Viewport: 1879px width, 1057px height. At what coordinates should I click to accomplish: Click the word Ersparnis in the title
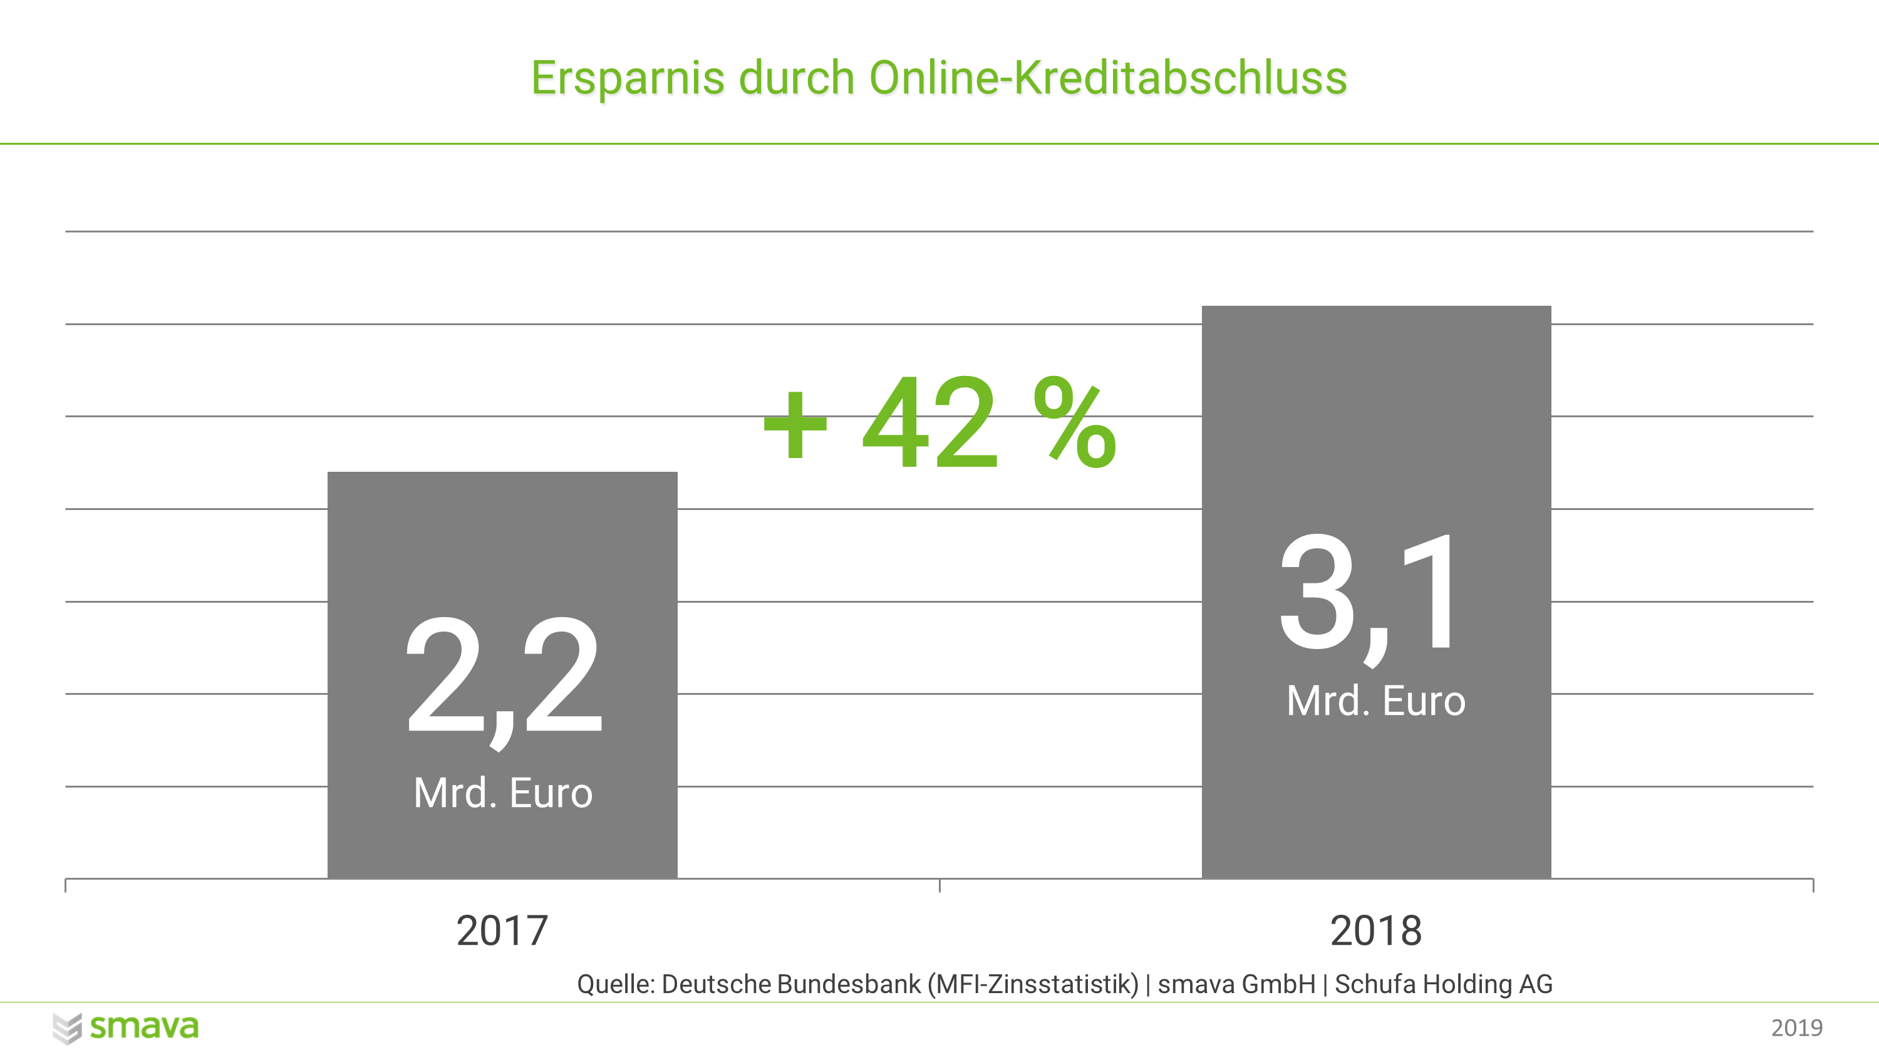click(628, 78)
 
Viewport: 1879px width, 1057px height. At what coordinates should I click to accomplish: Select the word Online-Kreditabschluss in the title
click(1107, 78)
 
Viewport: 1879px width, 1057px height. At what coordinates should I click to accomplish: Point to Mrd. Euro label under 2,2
click(504, 793)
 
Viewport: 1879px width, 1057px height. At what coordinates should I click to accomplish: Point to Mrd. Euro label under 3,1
click(1375, 701)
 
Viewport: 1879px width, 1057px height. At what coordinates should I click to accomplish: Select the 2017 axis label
click(502, 931)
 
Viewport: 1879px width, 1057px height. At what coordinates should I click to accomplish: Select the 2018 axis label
click(1375, 931)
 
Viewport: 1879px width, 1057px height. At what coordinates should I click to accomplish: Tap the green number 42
click(930, 423)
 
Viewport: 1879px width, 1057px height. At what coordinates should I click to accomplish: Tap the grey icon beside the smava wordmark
click(67, 1029)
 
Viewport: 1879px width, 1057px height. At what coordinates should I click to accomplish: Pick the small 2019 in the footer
click(1796, 1028)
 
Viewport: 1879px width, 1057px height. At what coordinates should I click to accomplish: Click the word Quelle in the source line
click(615, 985)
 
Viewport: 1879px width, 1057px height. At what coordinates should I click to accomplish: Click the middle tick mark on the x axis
click(939, 885)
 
